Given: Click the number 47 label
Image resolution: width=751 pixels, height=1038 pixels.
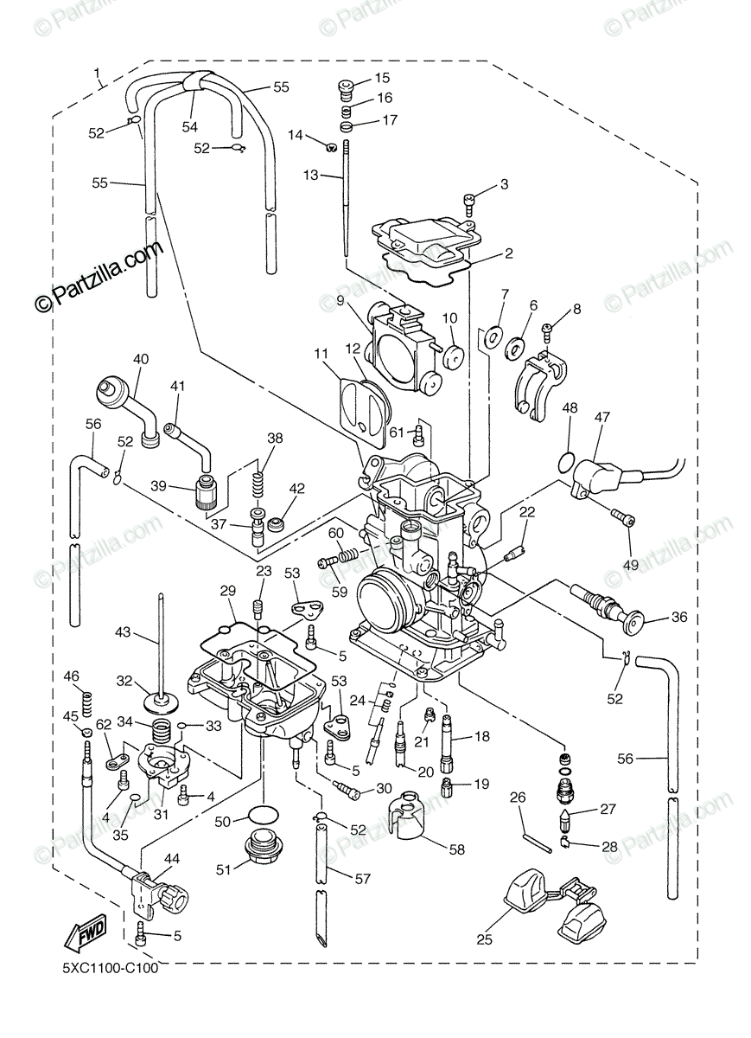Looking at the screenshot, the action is (x=602, y=417).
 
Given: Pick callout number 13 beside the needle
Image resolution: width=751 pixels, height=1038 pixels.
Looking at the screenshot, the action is (x=311, y=175).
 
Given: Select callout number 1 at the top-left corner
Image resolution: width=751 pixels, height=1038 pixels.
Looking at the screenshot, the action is (x=97, y=73).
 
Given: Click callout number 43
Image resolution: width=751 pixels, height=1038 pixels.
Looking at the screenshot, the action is (x=123, y=632).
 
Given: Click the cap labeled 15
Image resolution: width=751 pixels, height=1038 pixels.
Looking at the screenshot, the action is (x=346, y=88).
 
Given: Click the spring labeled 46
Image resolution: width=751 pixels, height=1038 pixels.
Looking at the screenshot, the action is (x=87, y=704).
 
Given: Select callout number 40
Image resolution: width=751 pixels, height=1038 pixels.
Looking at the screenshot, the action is (x=141, y=359).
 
